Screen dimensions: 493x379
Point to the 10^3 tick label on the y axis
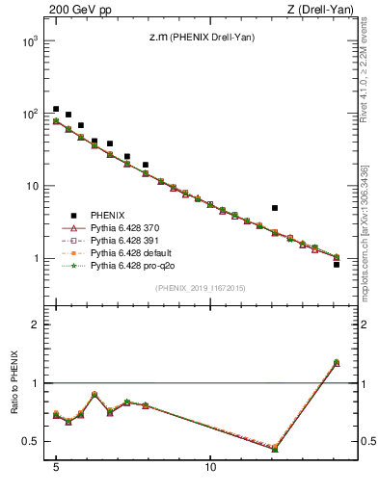(31, 41)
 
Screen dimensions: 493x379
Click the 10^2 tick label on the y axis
(31, 114)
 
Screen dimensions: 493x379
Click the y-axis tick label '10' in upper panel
(33, 186)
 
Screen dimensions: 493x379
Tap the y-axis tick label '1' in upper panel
(37, 259)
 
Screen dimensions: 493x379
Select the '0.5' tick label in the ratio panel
(32, 442)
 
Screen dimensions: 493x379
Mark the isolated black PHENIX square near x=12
(275, 208)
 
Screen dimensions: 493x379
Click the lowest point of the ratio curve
(275, 449)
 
